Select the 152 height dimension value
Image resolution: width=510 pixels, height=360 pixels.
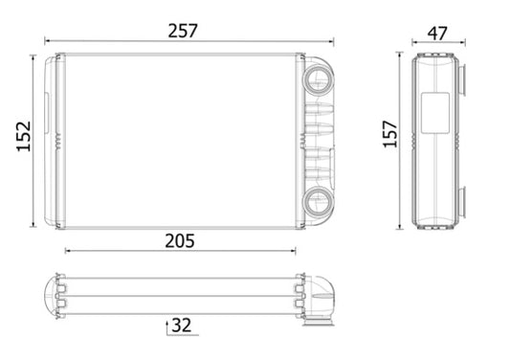pyautogui.click(x=22, y=141)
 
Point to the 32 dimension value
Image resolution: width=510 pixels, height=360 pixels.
pyautogui.click(x=182, y=326)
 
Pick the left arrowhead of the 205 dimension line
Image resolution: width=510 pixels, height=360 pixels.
pyautogui.click(x=67, y=251)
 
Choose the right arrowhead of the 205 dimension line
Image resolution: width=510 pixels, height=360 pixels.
pyautogui.click(x=296, y=251)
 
